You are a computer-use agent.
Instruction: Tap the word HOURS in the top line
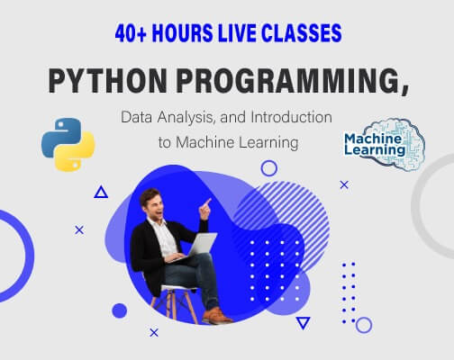[x=186, y=33]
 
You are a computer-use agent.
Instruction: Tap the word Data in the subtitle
[x=137, y=117]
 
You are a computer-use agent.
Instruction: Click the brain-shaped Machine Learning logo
[x=376, y=144]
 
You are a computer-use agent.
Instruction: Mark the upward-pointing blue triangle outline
[x=101, y=192]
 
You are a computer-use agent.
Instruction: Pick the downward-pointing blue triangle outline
[x=304, y=322]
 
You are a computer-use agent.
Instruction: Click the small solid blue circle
[x=119, y=310]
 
